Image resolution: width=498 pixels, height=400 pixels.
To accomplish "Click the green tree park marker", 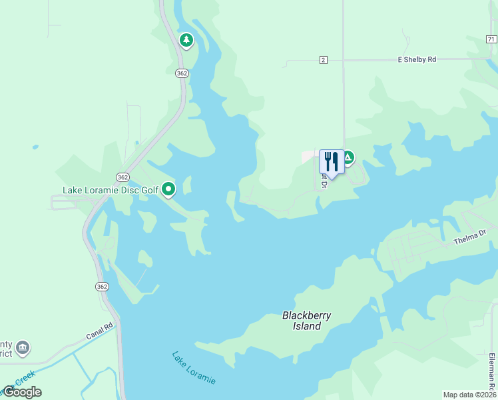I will pos(186,41).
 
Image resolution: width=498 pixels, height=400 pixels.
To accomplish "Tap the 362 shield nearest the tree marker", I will pos(181,73).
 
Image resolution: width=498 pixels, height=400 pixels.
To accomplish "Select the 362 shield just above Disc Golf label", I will pos(122,177).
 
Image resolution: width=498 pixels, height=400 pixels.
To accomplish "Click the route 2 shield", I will pos(324,60).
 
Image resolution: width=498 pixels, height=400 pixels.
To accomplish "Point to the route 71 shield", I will pos(491,40).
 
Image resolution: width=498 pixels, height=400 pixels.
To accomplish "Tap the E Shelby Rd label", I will pos(417,60).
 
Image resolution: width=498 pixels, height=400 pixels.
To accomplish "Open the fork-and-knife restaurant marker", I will pos(332,162).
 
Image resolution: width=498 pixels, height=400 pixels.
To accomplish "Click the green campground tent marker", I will pos(347,158).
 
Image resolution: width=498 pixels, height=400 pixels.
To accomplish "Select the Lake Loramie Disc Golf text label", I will pos(111,190).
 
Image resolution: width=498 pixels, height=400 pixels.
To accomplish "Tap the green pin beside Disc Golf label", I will pos(169,190).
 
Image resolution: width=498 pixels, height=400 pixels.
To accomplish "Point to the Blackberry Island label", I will pos(306,321).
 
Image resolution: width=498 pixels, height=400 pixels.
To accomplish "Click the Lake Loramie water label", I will pos(194,367).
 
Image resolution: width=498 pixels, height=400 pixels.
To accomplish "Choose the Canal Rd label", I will pos(101,329).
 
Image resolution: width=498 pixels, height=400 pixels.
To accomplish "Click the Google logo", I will pos(22,392).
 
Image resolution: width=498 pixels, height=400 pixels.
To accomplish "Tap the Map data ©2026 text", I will pos(469,395).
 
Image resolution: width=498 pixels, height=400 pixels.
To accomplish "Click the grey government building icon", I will pos(23,347).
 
